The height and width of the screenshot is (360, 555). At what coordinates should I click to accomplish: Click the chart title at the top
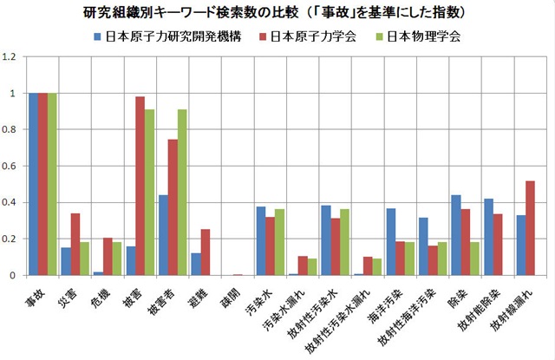click(277, 13)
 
